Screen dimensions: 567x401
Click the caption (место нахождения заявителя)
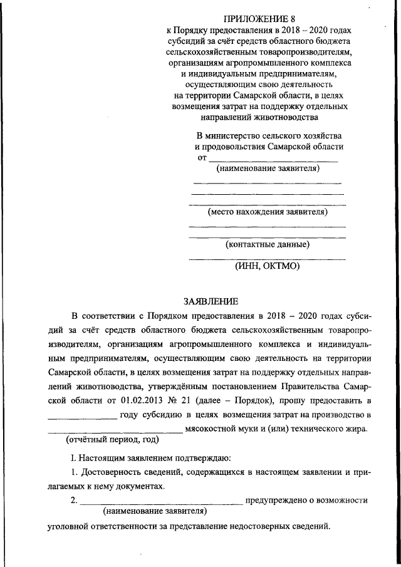point(268,212)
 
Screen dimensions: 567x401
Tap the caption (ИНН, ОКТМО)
point(268,266)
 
